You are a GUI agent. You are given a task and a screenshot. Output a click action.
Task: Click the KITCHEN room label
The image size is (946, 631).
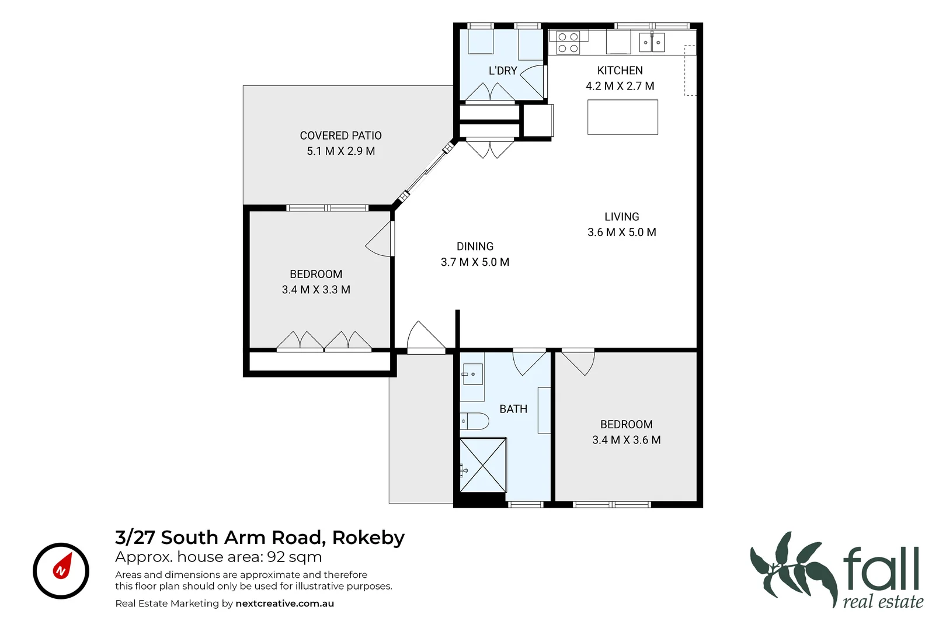coord(620,71)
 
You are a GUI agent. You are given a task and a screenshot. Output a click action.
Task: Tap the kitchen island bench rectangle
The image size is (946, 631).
coord(622,117)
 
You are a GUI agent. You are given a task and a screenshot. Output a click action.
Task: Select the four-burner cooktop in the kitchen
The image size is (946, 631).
coord(568,43)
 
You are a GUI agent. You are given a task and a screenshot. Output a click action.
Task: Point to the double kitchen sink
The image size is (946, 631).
coord(652,42)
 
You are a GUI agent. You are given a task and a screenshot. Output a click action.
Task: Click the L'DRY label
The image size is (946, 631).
coord(503,71)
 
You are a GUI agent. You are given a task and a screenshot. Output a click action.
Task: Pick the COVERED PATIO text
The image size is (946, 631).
coord(341,136)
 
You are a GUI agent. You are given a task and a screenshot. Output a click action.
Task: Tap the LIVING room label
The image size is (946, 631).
coord(622,217)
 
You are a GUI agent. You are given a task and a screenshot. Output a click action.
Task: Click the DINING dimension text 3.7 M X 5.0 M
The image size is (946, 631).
coord(475,262)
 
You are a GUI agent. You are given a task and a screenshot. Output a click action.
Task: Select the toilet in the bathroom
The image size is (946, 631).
coord(474,421)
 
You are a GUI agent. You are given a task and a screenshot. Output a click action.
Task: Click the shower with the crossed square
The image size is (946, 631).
coord(483,465)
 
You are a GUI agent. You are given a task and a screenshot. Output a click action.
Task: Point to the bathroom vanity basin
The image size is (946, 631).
coord(472,374)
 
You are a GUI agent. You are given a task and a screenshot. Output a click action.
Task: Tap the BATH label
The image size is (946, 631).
coord(513,409)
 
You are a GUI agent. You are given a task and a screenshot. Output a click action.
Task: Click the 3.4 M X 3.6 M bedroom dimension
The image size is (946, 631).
coord(627,440)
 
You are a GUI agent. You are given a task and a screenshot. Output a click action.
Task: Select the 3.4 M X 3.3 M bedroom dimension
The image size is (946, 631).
coord(316,290)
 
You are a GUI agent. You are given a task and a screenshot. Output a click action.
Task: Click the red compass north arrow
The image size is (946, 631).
coord(62,566)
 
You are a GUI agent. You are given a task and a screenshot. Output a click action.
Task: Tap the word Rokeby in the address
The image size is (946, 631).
coord(368,538)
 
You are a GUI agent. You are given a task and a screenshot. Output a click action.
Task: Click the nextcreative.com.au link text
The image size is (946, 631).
coord(284,604)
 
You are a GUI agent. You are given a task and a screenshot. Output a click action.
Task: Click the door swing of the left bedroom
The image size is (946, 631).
coord(378,239)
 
